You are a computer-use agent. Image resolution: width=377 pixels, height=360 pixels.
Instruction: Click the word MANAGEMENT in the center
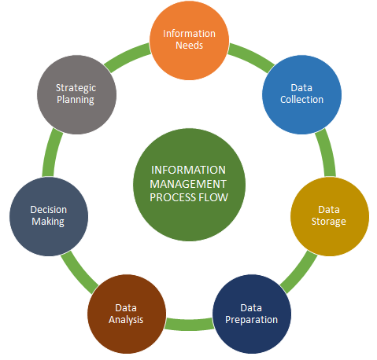189,183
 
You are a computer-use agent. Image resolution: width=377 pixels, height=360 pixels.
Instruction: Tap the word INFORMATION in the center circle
189,170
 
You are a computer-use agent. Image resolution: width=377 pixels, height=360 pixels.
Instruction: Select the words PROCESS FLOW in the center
189,197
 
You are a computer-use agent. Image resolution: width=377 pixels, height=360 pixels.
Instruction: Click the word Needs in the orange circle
189,46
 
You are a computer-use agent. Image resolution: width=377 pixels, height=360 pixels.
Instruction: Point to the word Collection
301,100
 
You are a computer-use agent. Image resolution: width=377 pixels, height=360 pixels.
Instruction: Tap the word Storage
329,222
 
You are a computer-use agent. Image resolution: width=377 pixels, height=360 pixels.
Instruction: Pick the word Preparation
251,320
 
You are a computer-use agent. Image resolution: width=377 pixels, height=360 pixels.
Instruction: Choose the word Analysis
126,320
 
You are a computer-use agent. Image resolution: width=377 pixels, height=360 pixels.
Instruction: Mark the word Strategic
76,87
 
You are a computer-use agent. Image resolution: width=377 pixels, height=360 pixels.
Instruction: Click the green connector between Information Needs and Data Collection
250,54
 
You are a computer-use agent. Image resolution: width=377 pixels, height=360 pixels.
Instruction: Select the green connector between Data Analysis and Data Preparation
188,322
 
